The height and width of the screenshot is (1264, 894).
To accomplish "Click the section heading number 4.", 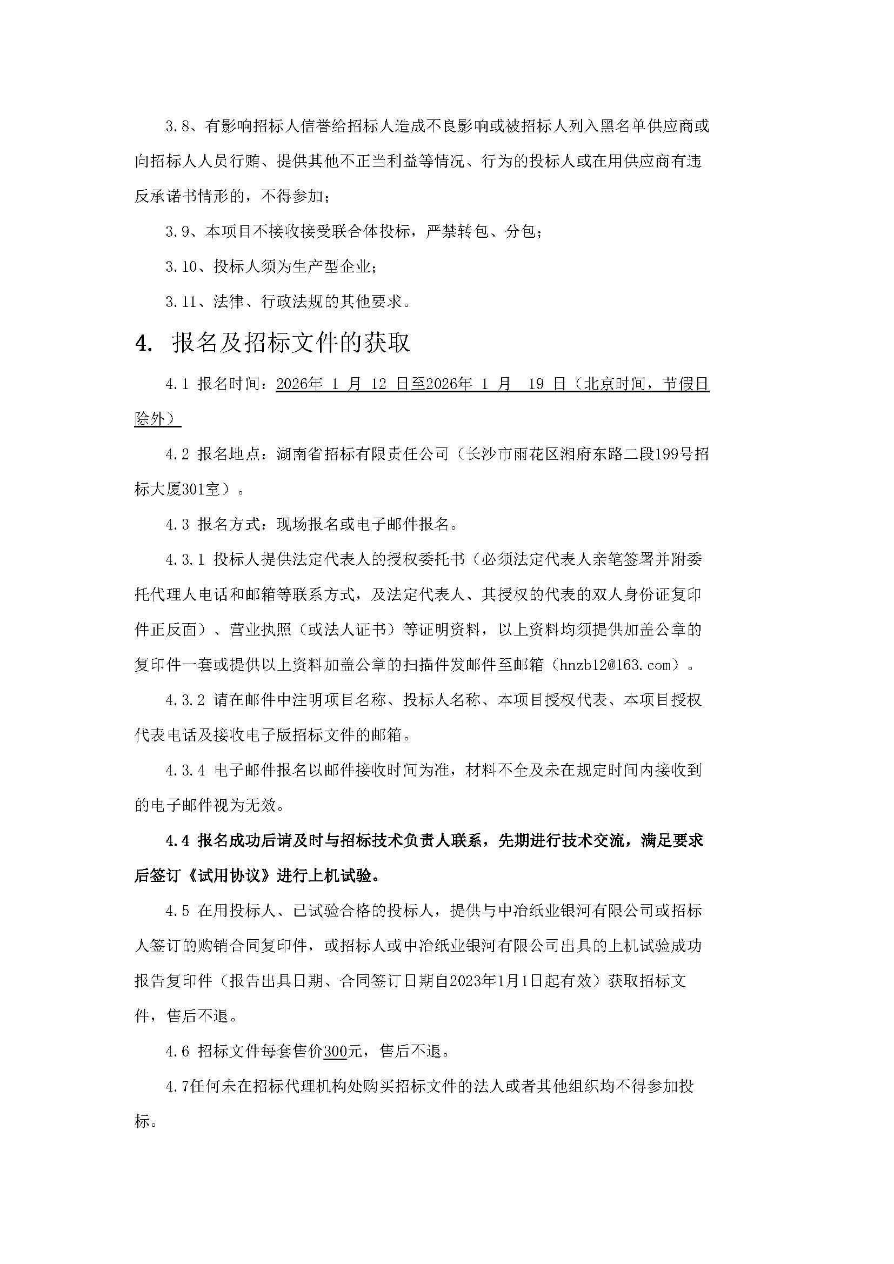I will [x=143, y=343].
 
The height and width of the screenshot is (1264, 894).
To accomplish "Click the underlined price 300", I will [x=335, y=1052].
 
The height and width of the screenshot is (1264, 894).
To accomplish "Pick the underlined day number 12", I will [x=379, y=384].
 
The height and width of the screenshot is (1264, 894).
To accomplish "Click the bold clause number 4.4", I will [x=177, y=841].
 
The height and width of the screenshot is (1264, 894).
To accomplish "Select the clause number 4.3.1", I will [x=185, y=560].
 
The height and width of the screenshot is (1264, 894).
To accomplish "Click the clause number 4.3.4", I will [x=185, y=771].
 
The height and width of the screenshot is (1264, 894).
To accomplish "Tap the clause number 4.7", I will [x=177, y=1086].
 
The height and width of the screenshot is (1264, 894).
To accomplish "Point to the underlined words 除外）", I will [x=157, y=419].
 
